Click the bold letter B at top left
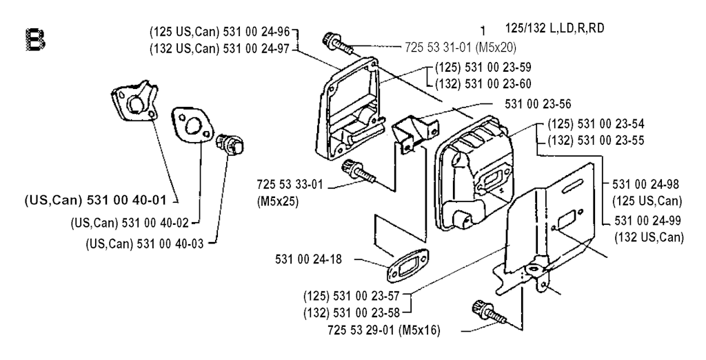35,39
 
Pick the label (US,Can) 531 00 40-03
145,243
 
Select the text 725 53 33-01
290,185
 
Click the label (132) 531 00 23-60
483,84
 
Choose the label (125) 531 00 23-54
596,123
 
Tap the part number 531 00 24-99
647,221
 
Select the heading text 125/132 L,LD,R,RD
555,28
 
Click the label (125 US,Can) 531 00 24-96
221,32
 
